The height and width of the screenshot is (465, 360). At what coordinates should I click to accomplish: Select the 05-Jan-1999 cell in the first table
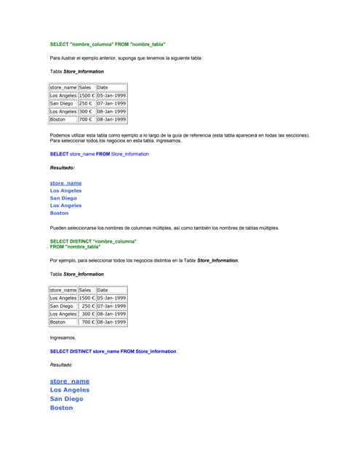[111, 95]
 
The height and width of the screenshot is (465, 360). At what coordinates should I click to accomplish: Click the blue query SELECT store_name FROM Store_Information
[99, 154]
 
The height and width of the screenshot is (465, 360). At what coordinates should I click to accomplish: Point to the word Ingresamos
[63, 338]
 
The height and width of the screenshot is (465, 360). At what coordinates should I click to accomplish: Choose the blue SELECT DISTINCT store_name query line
[113, 352]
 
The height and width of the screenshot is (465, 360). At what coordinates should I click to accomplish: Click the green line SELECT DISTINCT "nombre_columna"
[93, 240]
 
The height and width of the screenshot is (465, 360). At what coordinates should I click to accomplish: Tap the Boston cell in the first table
[57, 119]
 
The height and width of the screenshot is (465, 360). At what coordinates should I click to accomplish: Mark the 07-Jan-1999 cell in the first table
[111, 103]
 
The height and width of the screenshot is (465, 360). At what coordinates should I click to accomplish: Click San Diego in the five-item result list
[63, 198]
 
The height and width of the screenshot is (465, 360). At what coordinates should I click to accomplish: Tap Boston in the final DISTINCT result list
[61, 408]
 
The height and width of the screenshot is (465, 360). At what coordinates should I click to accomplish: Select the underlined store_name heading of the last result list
[70, 381]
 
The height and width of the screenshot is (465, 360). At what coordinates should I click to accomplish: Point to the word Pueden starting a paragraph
[60, 227]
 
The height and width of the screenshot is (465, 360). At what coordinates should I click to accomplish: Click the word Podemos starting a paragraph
[61, 135]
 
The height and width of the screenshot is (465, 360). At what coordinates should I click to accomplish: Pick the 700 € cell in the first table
[86, 119]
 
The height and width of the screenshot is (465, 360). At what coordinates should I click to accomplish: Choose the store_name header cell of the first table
[63, 87]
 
